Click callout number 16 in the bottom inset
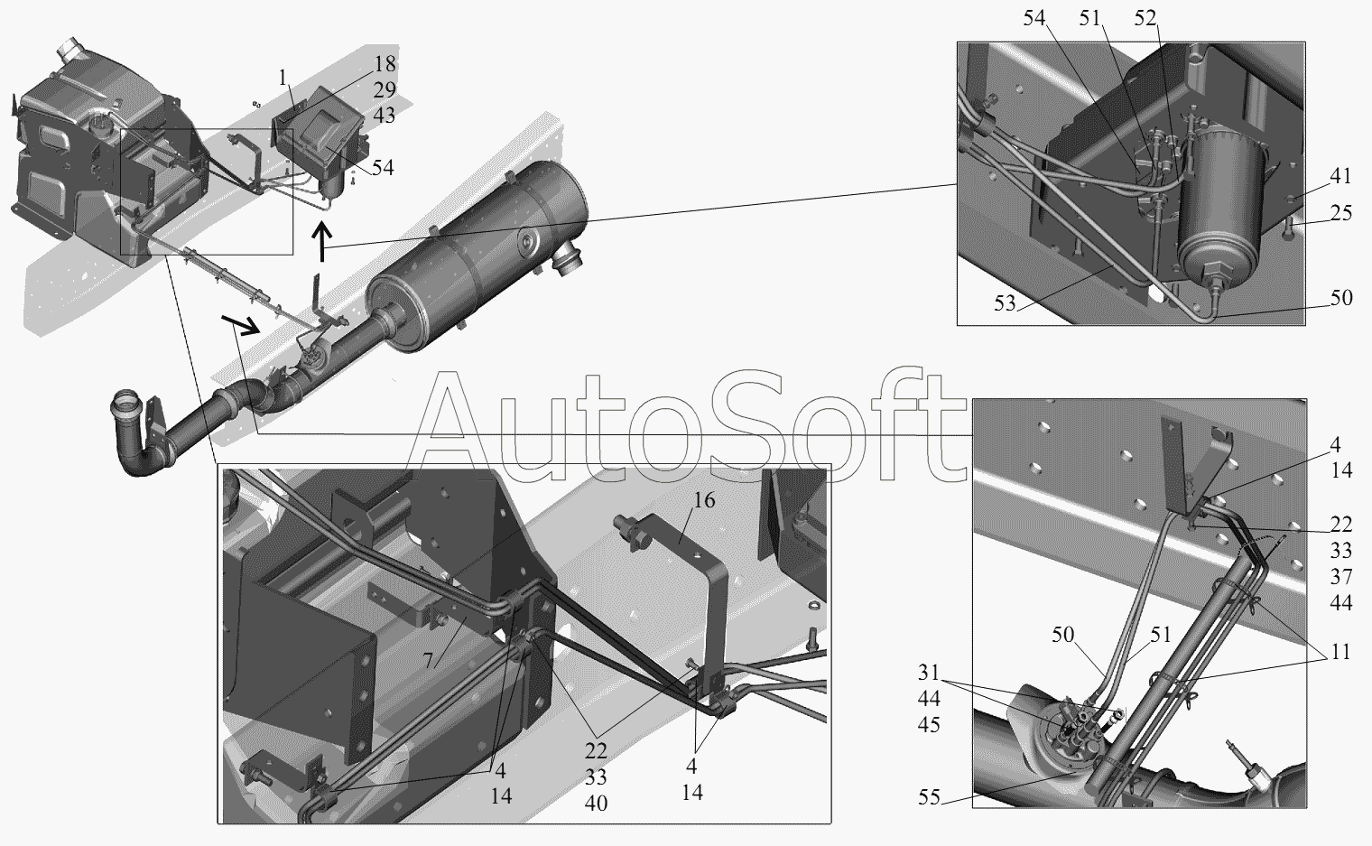click(704, 500)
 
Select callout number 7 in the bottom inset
click(428, 660)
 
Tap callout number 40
click(596, 804)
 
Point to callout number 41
click(1340, 176)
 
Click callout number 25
click(1340, 213)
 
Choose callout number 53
click(1005, 303)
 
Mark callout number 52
click(1145, 18)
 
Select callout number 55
click(929, 797)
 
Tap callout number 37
click(1340, 577)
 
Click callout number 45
click(929, 725)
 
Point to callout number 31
click(929, 673)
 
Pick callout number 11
click(1340, 652)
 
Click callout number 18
click(384, 64)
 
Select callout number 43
click(384, 116)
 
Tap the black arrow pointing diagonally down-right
click(240, 325)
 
